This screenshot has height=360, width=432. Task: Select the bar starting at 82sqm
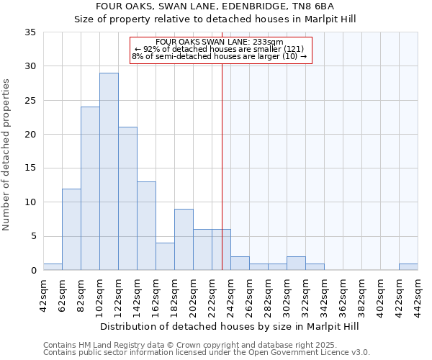90,189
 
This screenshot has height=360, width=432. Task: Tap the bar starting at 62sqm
71,229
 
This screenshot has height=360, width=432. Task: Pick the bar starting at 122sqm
127,199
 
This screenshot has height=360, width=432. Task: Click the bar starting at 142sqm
146,226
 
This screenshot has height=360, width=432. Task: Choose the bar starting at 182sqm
184,240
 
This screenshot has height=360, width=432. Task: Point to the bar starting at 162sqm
165,256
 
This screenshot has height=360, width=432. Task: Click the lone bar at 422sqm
408,266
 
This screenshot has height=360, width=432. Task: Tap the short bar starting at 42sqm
53,266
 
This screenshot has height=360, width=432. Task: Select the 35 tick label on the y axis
30,32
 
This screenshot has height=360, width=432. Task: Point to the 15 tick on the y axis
30,168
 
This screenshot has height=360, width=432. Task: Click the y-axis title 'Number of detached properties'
7,156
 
